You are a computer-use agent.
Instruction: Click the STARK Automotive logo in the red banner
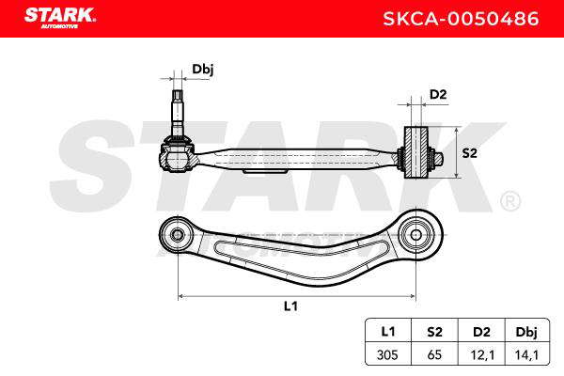pyautogui.click(x=60, y=18)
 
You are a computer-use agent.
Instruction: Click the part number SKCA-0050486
pyautogui.click(x=461, y=19)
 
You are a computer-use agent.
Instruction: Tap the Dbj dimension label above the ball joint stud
pyautogui.click(x=203, y=69)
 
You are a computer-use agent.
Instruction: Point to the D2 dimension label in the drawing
pyautogui.click(x=438, y=94)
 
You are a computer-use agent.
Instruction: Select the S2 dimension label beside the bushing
pyautogui.click(x=469, y=153)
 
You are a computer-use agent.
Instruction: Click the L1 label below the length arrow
pyautogui.click(x=290, y=306)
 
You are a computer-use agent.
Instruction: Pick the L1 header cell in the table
pyautogui.click(x=387, y=331)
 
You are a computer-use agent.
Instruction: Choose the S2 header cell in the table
pyautogui.click(x=434, y=331)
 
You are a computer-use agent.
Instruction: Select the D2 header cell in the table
pyautogui.click(x=481, y=331)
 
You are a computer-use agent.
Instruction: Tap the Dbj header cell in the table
pyautogui.click(x=527, y=331)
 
